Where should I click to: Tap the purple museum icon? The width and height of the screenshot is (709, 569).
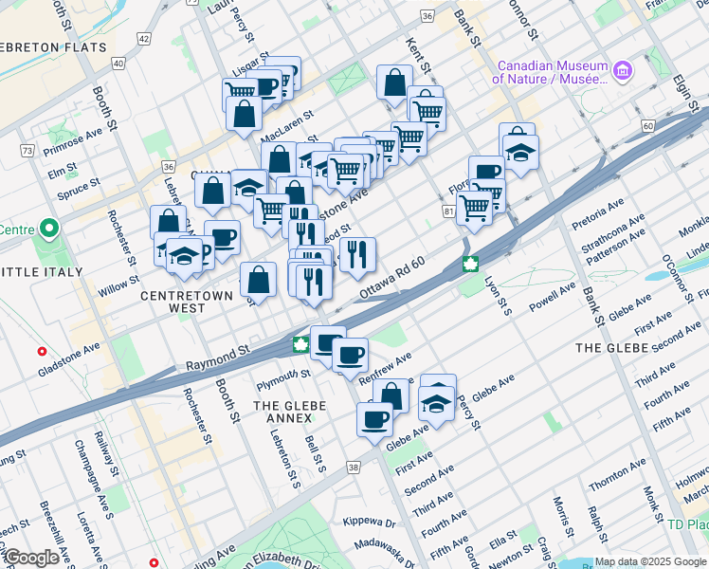[x=622, y=70]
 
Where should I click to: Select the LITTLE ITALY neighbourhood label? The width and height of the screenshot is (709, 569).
[x=41, y=272]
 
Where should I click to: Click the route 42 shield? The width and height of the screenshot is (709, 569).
[x=143, y=38]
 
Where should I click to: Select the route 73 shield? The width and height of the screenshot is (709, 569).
[x=27, y=151]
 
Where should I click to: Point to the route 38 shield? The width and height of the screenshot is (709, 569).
[x=354, y=468]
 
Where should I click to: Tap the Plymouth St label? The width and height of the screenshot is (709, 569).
[x=282, y=374]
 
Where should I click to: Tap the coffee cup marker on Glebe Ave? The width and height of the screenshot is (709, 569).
[x=374, y=418]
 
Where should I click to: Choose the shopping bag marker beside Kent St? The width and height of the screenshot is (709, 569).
[x=393, y=83]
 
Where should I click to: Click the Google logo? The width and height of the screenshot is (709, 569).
[x=30, y=559]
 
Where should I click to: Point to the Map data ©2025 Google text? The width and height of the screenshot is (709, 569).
[x=649, y=561]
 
